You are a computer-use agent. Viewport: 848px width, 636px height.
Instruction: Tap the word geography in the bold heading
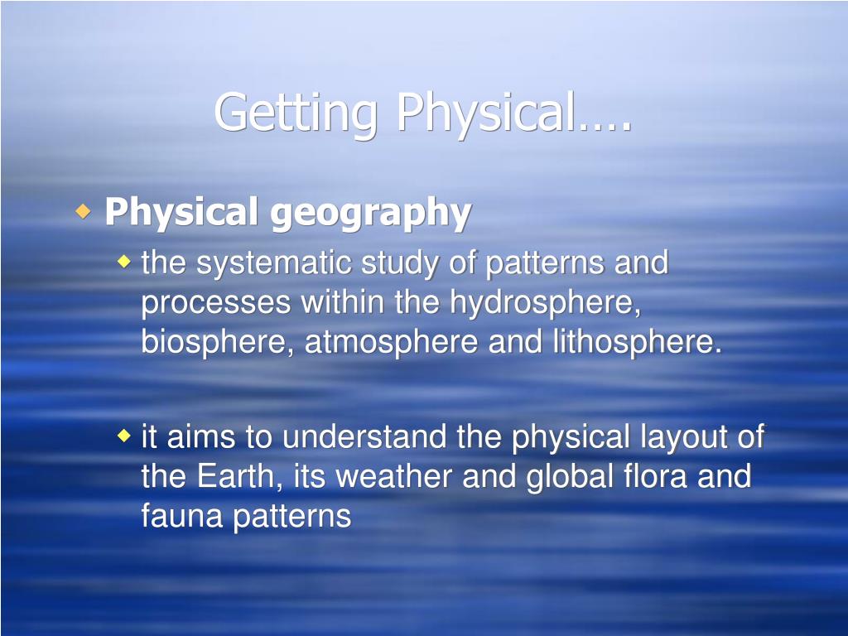pyautogui.click(x=370, y=213)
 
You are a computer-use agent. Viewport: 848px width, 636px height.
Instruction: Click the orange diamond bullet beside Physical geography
pyautogui.click(x=82, y=212)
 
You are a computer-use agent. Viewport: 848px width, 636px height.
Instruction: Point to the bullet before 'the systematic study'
pyautogui.click(x=123, y=263)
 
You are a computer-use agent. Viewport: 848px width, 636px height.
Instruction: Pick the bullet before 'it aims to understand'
pyautogui.click(x=123, y=436)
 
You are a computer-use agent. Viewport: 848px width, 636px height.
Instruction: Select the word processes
pyautogui.click(x=215, y=303)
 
